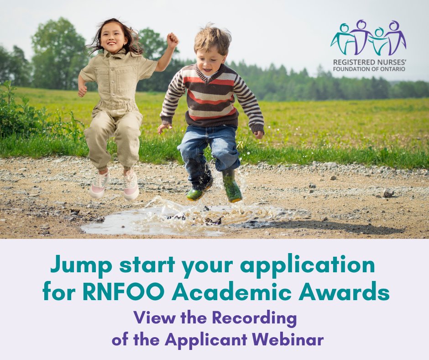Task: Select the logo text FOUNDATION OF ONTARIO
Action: tap(368, 69)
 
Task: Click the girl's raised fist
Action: tap(172, 40)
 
